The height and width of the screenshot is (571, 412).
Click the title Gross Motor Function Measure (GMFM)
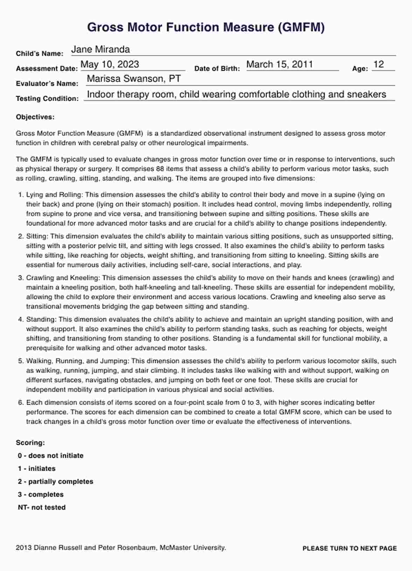click(206, 27)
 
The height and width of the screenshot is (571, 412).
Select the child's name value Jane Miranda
click(101, 49)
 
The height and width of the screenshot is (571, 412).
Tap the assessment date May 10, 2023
click(110, 64)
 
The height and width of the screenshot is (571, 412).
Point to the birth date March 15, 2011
click(280, 64)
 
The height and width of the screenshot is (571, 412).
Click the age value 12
click(379, 64)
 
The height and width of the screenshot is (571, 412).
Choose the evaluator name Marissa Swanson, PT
click(134, 79)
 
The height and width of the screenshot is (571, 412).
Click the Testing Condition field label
click(47, 99)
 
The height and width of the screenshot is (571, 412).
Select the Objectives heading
click(35, 117)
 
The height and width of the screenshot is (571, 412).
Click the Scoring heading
click(30, 443)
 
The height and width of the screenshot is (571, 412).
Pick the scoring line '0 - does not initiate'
click(51, 456)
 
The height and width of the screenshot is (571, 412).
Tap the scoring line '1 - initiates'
click(37, 469)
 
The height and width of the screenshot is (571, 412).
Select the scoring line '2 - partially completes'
click(56, 482)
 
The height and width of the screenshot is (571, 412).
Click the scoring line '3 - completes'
click(41, 495)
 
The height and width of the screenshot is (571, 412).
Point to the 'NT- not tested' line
click(42, 508)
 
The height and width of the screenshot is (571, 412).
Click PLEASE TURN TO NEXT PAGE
click(350, 549)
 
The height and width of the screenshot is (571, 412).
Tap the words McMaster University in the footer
click(192, 548)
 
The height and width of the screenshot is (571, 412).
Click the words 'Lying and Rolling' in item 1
click(54, 195)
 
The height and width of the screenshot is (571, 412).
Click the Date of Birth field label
click(217, 69)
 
